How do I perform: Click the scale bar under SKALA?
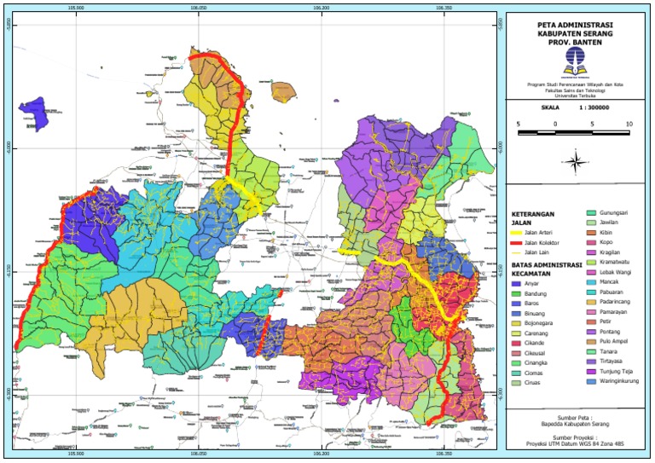(573, 133)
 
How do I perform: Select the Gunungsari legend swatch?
(588, 211)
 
